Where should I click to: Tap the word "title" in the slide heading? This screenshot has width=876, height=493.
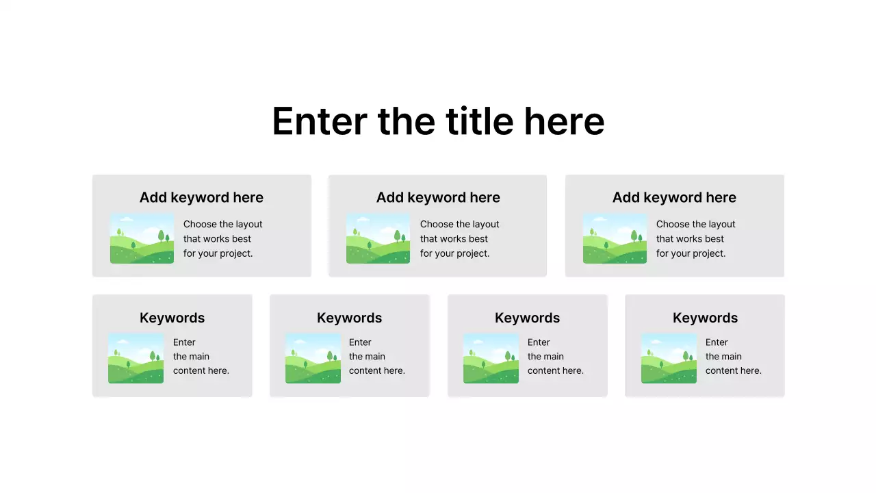coord(479,121)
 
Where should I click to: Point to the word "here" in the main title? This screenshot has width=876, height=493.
coord(564,121)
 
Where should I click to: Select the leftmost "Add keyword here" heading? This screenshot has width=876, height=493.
coord(201,197)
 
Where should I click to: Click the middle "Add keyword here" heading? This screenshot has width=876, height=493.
coord(438,197)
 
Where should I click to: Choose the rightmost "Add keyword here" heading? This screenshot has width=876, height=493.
coord(674,197)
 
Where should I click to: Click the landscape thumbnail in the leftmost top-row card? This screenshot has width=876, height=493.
coord(142,238)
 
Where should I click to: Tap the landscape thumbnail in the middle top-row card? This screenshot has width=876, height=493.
coord(378,238)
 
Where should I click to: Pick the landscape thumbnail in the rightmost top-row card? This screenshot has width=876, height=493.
coord(615,238)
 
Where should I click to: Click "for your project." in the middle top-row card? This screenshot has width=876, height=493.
coord(454,253)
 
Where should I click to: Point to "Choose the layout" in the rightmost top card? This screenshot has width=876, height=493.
coord(695,224)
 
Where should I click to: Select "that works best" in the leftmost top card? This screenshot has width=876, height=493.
coord(217,239)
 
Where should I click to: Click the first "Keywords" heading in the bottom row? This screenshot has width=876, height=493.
coord(172,318)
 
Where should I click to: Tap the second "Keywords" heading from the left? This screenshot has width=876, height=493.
coord(349,318)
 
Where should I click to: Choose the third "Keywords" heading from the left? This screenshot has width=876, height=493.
coord(527,318)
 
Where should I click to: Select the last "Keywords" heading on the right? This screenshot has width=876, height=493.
coord(705,318)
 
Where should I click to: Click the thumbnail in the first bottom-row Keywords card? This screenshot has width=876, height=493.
coord(136,358)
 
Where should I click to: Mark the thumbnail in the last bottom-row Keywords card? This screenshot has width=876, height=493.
coord(669,358)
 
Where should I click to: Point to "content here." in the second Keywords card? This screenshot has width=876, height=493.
coord(376,370)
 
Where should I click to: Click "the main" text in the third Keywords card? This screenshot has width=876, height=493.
coord(545,356)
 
